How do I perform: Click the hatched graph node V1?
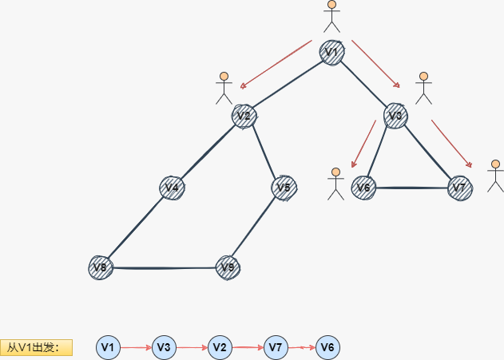pyautogui.click(x=332, y=53)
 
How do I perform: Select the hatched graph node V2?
pyautogui.click(x=244, y=117)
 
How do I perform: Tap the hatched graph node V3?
pyautogui.click(x=395, y=116)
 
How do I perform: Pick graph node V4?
pyautogui.click(x=172, y=188)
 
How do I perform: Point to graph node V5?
pyautogui.click(x=284, y=188)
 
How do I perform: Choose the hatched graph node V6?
pyautogui.click(x=363, y=188)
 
